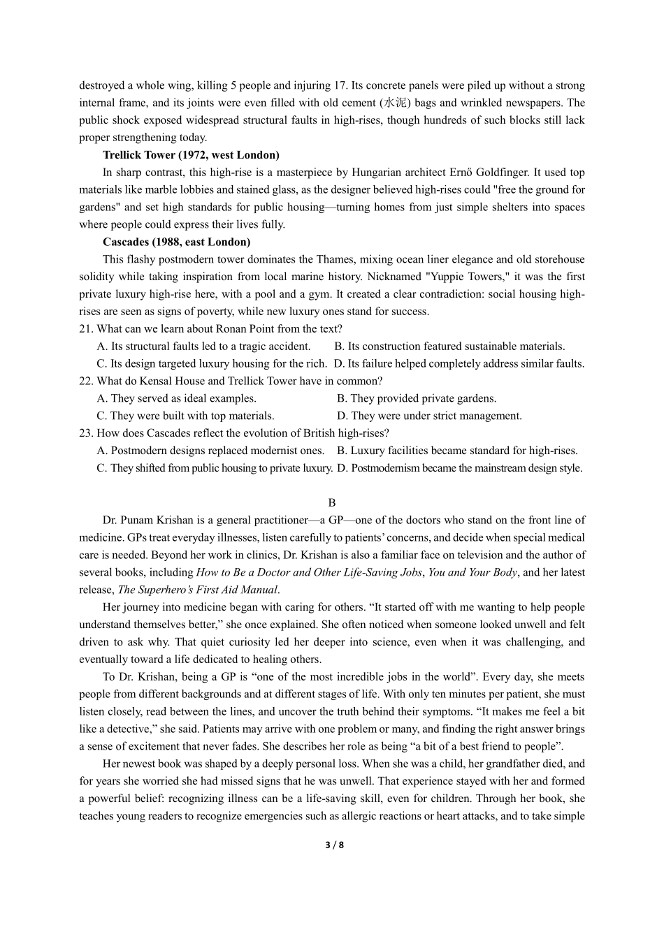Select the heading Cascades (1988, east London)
tap(176, 242)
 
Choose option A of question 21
tap(203, 346)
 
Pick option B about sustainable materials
tap(449, 346)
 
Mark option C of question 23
tap(214, 468)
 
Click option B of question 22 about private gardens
tap(417, 398)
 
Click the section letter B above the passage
tap(332, 502)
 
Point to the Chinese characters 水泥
tap(394, 103)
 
